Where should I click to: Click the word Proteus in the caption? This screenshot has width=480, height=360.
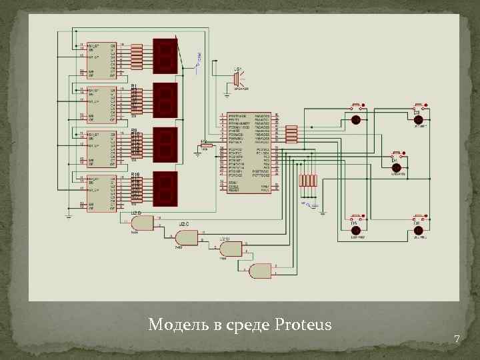pos(303,325)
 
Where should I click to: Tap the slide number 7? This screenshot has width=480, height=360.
pos(457,339)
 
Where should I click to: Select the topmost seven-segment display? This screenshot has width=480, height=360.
pos(165,55)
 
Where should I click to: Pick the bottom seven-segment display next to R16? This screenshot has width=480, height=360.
pos(165,188)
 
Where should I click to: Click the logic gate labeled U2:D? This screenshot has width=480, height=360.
pos(141,222)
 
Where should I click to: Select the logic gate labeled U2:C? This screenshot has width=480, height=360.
pos(186,237)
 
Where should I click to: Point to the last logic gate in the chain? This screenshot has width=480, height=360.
pos(260,271)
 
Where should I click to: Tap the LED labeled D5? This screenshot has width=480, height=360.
pos(356,231)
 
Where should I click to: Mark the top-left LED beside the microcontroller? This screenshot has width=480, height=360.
pos(356,120)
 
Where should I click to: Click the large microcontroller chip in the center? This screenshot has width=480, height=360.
pos(248,153)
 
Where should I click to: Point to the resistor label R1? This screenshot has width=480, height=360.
pos(133,86)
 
